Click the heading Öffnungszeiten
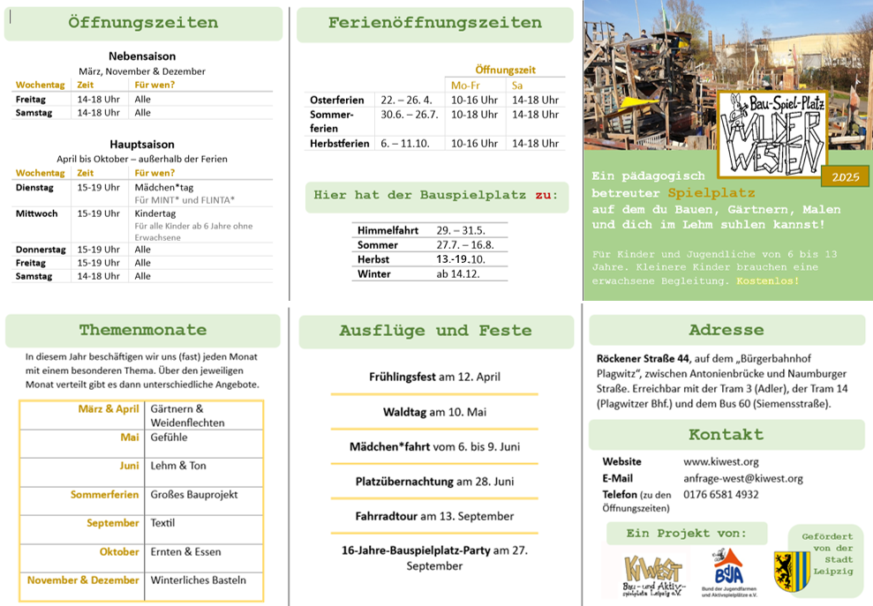pyautogui.click(x=143, y=23)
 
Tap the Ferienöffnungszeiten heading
pyautogui.click(x=435, y=23)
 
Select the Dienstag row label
pyautogui.click(x=34, y=188)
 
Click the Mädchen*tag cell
pyautogui.click(x=164, y=188)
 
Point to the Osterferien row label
pyautogui.click(x=337, y=101)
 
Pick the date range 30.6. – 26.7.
pyautogui.click(x=410, y=115)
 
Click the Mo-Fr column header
pyautogui.click(x=465, y=86)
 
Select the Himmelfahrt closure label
pyautogui.click(x=388, y=230)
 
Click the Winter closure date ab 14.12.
pyautogui.click(x=456, y=274)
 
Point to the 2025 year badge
pyautogui.click(x=845, y=177)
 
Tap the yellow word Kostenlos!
pyautogui.click(x=768, y=281)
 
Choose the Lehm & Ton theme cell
pyautogui.click(x=178, y=466)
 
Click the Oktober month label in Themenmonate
pyautogui.click(x=119, y=552)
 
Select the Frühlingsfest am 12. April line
pyautogui.click(x=434, y=377)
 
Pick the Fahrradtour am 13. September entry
pyautogui.click(x=434, y=516)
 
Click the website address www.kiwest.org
pyautogui.click(x=721, y=461)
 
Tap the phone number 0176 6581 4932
pyautogui.click(x=721, y=495)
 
